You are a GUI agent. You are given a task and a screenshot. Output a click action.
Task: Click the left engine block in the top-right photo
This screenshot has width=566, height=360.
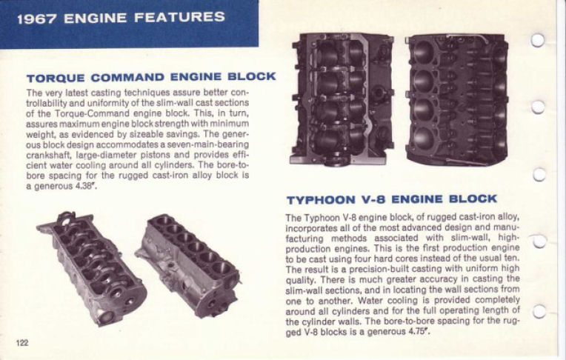(x=342, y=99)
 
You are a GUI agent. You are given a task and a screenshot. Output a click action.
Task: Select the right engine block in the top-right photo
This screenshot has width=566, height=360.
(x=456, y=99)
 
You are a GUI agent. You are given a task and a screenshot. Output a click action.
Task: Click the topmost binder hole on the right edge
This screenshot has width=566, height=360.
(x=539, y=39)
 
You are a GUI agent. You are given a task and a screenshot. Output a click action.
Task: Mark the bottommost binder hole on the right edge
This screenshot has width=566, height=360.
(x=539, y=311)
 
